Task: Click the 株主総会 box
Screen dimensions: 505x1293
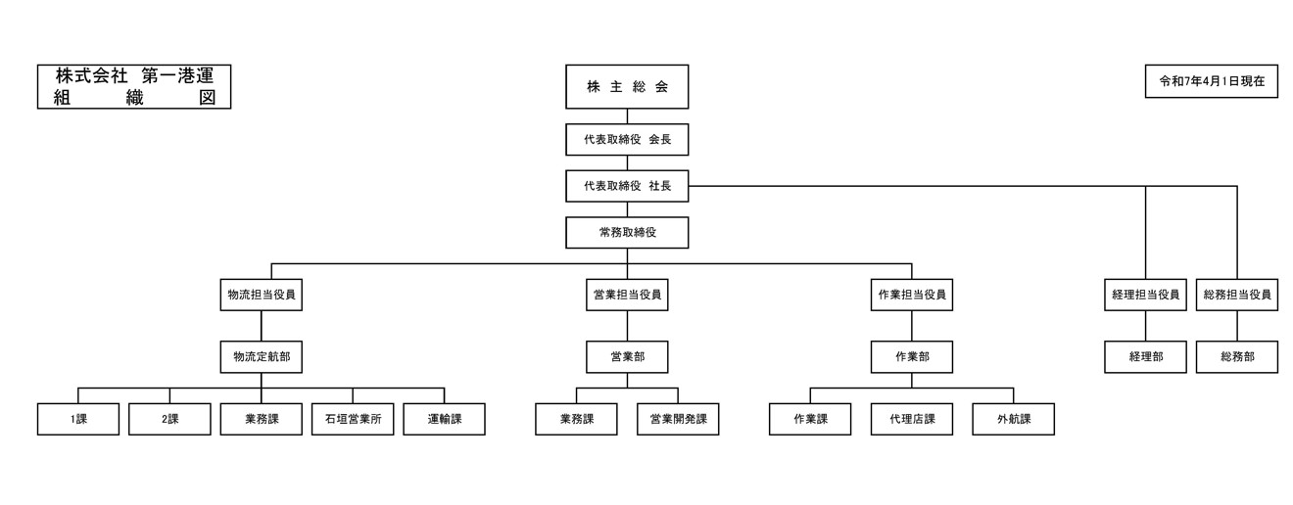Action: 627,86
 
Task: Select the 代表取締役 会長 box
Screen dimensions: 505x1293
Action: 627,139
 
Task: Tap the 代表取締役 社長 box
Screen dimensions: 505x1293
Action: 627,186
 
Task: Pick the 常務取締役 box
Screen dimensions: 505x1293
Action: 627,232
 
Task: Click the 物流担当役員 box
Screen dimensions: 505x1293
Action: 261,295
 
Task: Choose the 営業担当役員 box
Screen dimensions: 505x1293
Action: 627,295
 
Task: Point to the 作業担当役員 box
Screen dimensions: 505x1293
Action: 912,295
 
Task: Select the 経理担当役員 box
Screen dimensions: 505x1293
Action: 1145,295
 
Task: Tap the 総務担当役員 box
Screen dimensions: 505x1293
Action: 1237,295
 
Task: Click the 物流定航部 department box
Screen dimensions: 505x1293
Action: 261,357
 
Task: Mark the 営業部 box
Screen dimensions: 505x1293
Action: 627,357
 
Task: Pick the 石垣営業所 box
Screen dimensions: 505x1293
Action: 353,419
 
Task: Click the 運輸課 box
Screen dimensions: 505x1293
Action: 444,419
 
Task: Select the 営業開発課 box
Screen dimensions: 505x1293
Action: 678,419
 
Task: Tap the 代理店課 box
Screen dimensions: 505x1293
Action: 912,419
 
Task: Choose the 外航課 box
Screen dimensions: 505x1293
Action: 1014,419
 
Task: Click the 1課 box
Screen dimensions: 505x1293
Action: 78,419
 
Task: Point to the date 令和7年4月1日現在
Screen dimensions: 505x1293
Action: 1211,81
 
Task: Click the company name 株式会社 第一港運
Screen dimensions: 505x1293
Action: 134,76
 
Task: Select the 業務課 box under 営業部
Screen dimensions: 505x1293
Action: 576,419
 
